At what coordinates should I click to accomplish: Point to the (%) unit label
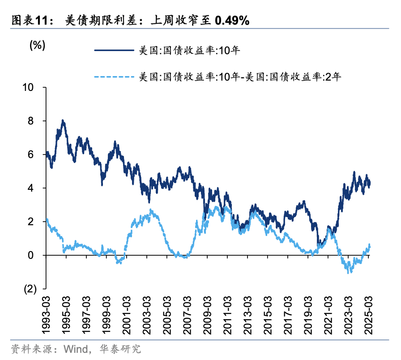tap(38, 45)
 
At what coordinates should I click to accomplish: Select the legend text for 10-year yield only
tap(189, 51)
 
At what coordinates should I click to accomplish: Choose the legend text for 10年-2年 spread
tap(240, 77)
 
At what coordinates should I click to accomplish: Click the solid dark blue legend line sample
tap(114, 51)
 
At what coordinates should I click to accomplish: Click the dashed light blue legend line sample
tap(114, 77)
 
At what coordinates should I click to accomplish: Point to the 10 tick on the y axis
tap(29, 87)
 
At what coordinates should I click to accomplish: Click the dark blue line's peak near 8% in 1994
tap(63, 120)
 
